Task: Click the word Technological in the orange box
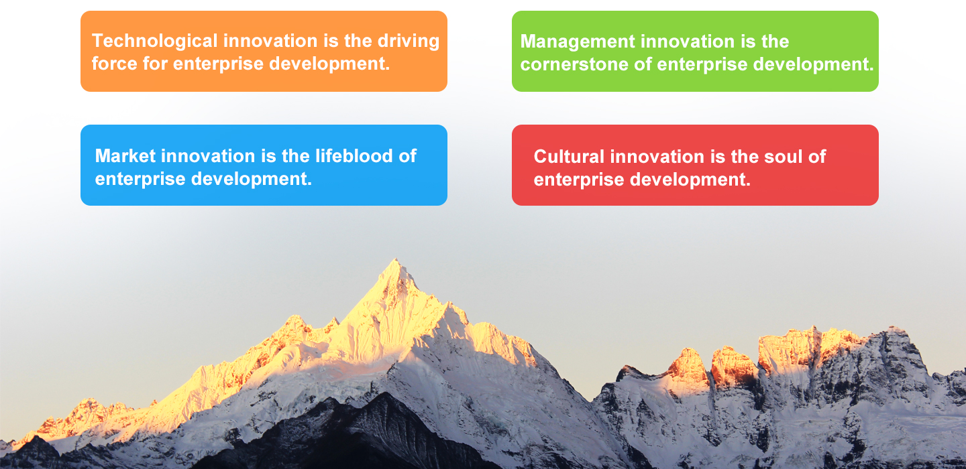(154, 42)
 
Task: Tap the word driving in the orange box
(409, 42)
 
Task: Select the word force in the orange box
(114, 64)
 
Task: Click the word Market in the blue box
(125, 156)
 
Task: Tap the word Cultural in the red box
(569, 157)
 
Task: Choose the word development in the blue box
(252, 179)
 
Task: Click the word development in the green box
(813, 64)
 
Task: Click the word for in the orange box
(155, 64)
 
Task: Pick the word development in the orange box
(329, 64)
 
